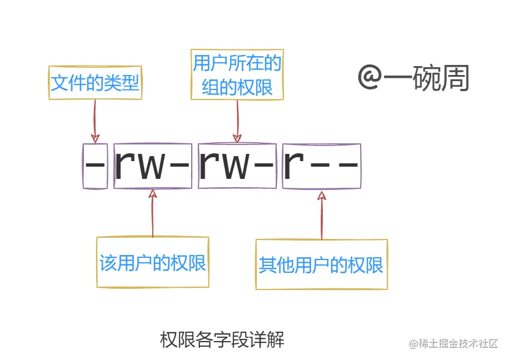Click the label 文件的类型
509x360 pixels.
(x=95, y=84)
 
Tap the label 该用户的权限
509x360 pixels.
(x=153, y=263)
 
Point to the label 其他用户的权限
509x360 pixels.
(x=321, y=265)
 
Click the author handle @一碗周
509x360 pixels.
(x=413, y=78)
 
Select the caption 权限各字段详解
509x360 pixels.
(x=222, y=339)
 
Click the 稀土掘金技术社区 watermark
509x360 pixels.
(x=453, y=344)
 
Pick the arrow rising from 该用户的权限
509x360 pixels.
(x=152, y=214)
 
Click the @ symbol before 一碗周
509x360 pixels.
(x=368, y=78)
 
